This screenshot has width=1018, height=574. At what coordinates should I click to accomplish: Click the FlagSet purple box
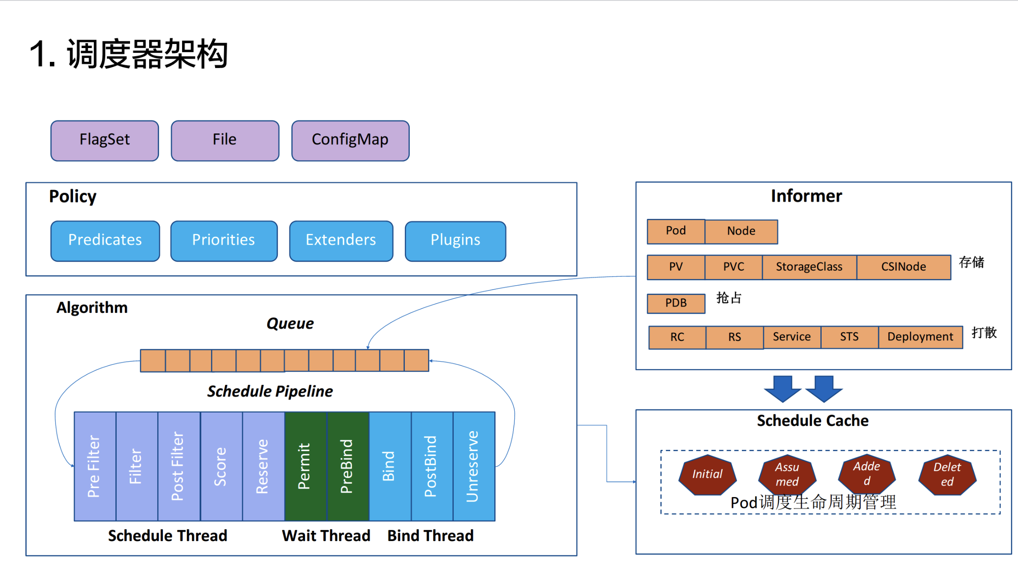pos(105,140)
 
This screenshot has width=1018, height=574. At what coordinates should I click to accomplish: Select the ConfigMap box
pos(350,140)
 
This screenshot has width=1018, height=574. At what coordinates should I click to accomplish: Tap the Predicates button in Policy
pos(105,241)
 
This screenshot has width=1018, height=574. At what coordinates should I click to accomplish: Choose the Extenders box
pos(341,241)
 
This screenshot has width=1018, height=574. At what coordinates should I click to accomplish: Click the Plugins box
pos(455,241)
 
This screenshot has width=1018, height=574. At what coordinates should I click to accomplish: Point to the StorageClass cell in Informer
pos(809,267)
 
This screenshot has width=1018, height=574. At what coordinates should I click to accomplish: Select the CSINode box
pos(904,267)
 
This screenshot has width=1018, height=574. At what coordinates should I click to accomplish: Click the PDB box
pos(676,303)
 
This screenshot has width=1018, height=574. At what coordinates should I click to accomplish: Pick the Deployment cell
pos(920,337)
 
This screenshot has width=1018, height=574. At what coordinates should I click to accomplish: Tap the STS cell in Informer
pos(849,337)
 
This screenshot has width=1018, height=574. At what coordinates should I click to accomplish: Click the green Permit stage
pos(305,466)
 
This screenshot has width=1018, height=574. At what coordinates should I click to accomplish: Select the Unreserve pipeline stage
pos(474,466)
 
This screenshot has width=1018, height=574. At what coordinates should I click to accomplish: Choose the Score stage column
pos(221,466)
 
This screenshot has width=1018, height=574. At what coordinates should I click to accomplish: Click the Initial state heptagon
pos(707,474)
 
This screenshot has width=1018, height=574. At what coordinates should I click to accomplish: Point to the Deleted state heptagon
pos(947,474)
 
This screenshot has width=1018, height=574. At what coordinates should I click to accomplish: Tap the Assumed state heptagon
pos(787,474)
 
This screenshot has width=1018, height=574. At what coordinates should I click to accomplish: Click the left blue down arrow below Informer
pos(782,388)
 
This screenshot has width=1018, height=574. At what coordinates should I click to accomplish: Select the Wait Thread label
pos(326,536)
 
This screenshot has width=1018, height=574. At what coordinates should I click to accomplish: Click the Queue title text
pos(290,323)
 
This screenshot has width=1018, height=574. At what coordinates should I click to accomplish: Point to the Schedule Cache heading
pos(813,421)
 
